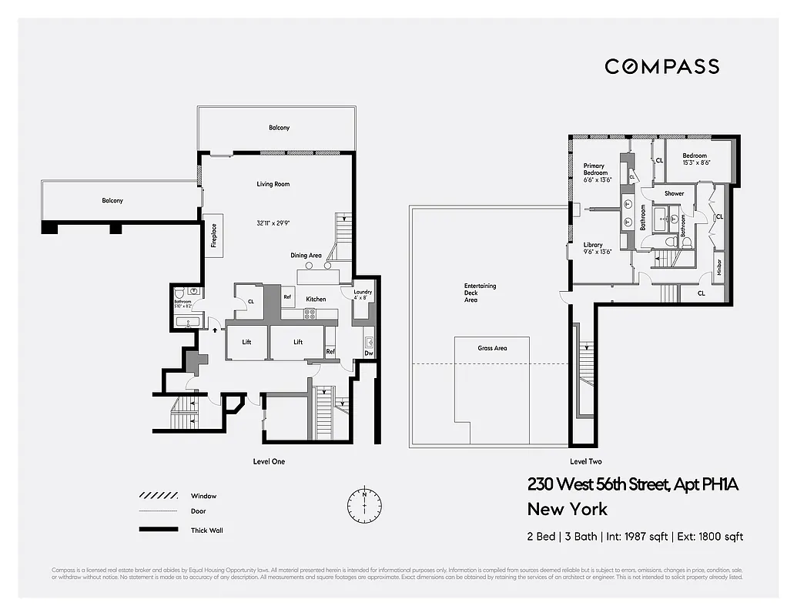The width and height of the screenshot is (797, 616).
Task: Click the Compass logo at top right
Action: (661, 66)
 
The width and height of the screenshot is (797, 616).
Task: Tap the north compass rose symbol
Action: (364, 505)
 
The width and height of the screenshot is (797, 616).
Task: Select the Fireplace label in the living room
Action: (214, 235)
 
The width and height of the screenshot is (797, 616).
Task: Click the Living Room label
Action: (273, 184)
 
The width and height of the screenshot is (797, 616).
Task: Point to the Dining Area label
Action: (306, 256)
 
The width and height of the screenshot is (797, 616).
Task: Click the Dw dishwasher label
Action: (369, 353)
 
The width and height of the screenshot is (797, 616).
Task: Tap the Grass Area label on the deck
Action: (491, 348)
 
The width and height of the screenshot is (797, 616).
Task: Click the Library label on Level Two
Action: (592, 245)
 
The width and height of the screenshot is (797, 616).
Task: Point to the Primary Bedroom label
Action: (594, 169)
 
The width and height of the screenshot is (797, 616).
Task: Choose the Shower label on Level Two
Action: (674, 193)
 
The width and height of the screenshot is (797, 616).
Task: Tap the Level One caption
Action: (269, 461)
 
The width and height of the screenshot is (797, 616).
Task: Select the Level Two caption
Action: (585, 461)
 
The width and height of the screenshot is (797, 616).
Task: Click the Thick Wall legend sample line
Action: (158, 530)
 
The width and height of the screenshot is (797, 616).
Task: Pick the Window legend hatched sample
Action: (158, 496)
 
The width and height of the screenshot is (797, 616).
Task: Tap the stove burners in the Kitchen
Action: (310, 313)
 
